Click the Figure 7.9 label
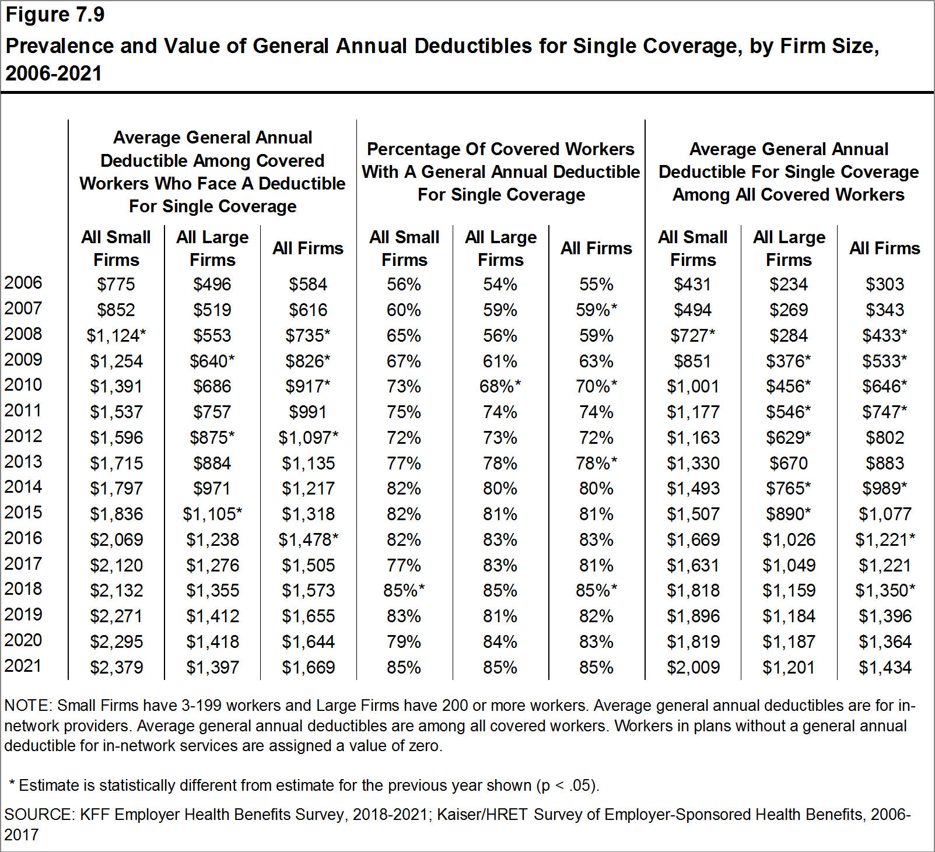[x=55, y=15]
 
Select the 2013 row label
[x=23, y=461]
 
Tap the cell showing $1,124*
[x=116, y=335]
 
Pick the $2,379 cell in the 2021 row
[x=116, y=667]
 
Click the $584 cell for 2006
[x=308, y=285]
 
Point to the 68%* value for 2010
[x=500, y=386]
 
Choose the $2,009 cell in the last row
[x=693, y=667]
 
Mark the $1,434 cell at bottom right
[x=885, y=667]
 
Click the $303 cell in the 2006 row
[x=885, y=285]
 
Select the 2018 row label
[x=23, y=588]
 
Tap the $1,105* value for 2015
[x=212, y=514]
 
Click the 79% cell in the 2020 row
[x=404, y=641]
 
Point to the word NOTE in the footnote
[x=27, y=706]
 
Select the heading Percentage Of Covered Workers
[x=500, y=149]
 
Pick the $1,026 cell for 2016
[x=789, y=539]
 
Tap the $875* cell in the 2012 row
[x=212, y=437]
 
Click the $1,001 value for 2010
[x=693, y=386]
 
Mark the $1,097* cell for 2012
[x=308, y=437]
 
